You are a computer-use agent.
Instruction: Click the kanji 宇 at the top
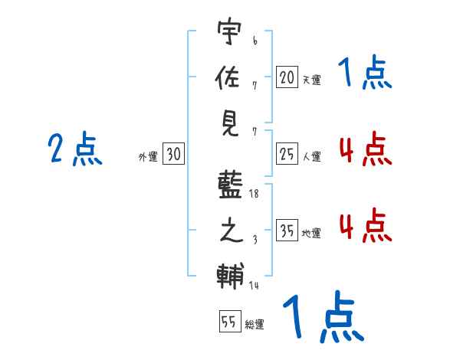(x=229, y=34)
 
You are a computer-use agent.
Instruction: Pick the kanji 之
(x=229, y=230)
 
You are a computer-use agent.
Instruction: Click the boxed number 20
(x=287, y=77)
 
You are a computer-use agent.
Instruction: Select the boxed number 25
(x=287, y=155)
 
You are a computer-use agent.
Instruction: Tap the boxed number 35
(x=287, y=231)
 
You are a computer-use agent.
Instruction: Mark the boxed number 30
(x=173, y=154)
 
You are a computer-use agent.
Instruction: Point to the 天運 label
(x=311, y=80)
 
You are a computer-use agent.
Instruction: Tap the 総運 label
(x=255, y=324)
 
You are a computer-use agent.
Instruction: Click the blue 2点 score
(x=75, y=149)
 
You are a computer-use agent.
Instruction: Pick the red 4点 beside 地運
(x=365, y=226)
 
